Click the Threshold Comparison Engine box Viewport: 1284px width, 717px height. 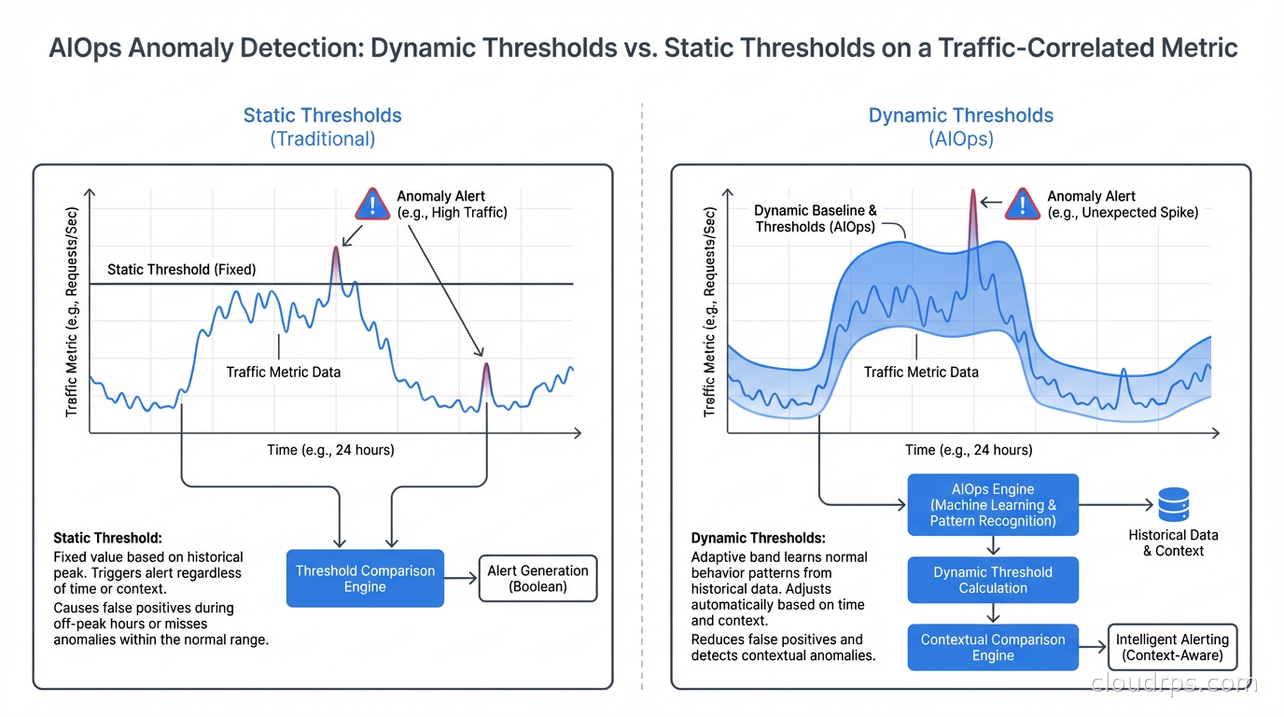[x=365, y=578]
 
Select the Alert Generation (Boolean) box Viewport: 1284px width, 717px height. [x=537, y=578]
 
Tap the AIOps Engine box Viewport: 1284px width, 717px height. [x=993, y=504]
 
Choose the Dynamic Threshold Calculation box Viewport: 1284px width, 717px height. [x=993, y=580]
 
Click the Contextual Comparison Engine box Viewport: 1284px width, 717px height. [x=993, y=647]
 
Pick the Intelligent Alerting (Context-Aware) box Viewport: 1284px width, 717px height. [x=1172, y=647]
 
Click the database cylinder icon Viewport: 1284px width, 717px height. [x=1173, y=505]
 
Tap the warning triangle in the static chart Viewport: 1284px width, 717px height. [x=372, y=204]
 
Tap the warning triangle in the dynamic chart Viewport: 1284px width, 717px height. [x=1023, y=204]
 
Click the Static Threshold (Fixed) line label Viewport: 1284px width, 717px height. [x=181, y=269]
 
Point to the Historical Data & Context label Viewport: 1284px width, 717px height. [x=1173, y=542]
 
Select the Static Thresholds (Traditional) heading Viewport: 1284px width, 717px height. [x=322, y=127]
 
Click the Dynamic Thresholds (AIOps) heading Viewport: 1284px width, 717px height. [x=960, y=127]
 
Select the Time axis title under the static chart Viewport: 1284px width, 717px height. [x=330, y=450]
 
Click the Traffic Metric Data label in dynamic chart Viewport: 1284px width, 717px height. [x=921, y=372]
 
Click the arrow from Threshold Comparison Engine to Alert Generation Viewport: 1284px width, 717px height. [x=460, y=578]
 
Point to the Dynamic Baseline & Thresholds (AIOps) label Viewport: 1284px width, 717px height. [x=816, y=218]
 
